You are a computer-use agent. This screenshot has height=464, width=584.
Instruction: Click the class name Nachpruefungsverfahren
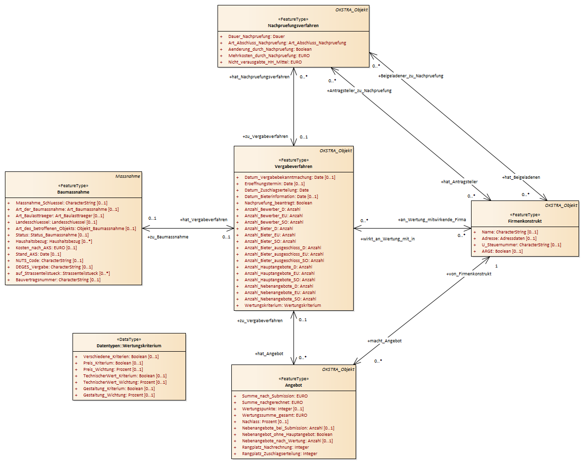coord(293,26)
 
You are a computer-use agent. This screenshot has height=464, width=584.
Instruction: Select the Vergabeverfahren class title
coord(293,166)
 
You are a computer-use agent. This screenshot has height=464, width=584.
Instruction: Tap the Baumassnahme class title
coord(73,192)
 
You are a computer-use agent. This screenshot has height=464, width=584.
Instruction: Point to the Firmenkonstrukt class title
coord(525,221)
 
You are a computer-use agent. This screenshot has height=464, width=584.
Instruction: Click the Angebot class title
coord(293,385)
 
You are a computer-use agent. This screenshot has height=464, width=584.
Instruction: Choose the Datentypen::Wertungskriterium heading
coord(129,346)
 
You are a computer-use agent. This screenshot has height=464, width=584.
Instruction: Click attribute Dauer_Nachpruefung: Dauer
coord(256,36)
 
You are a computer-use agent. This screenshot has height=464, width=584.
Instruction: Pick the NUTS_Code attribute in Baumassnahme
coord(49,261)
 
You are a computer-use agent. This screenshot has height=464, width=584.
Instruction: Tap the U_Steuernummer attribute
coord(521,245)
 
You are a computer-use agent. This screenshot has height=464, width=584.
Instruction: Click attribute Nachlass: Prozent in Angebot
coord(265,422)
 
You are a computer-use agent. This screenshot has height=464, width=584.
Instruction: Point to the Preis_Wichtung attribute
coord(113,369)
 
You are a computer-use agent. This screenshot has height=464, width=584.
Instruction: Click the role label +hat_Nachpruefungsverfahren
coord(259,77)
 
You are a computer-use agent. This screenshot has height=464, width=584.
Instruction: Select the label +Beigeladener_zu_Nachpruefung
coord(411,76)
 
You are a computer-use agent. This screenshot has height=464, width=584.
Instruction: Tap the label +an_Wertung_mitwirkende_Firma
coord(432,220)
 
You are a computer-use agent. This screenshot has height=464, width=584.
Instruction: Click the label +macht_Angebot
coord(384,341)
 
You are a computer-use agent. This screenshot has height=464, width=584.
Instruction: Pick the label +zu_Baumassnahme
coord(168,237)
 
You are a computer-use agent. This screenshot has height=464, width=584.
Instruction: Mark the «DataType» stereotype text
coord(129,339)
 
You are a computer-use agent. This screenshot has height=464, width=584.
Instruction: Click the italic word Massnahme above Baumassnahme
coord(128,176)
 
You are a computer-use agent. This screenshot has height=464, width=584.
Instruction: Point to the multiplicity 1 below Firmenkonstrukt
coord(496,266)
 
